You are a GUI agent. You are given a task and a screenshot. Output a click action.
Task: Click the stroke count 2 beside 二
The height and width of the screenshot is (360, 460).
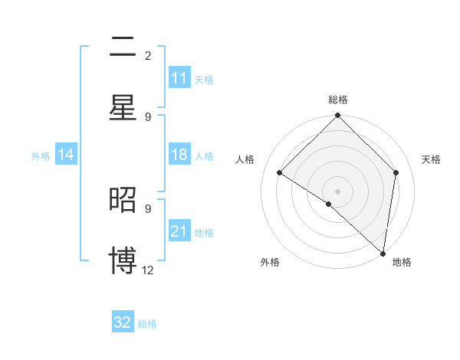coord(148,56)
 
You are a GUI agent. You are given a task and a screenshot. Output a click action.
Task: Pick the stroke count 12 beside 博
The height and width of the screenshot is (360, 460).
coord(148,270)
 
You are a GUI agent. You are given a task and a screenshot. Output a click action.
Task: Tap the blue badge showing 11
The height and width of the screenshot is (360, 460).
coord(179,78)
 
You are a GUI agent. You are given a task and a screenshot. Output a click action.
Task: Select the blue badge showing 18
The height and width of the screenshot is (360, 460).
coord(179,155)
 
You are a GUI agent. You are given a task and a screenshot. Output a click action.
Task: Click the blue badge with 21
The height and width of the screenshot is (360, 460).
coord(179,231)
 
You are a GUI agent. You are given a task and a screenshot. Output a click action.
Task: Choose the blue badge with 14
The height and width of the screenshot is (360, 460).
coord(66,155)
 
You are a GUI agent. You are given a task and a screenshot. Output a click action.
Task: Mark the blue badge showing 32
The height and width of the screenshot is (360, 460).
coord(123,322)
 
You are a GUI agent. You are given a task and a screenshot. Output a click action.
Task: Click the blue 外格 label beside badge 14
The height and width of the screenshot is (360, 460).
coord(41,155)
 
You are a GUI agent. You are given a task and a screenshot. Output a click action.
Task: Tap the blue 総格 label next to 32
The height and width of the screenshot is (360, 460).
coord(147,323)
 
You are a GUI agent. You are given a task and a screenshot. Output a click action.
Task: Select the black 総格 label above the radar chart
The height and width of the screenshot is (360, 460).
coord(338,100)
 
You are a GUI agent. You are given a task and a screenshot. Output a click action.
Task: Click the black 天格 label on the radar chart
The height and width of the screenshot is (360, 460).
coord(432,159)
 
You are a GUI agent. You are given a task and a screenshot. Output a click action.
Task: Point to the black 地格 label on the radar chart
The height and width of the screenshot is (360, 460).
coord(402,263)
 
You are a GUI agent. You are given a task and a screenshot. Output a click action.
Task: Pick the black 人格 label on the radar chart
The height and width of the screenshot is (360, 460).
coord(245,159)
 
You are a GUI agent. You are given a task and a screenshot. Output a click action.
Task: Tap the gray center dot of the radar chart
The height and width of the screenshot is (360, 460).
coord(338,191)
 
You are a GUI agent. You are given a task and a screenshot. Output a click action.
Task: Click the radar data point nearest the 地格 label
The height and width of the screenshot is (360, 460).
coord(383,252)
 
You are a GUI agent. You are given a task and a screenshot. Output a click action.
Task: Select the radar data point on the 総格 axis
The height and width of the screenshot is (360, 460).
coord(338,116)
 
